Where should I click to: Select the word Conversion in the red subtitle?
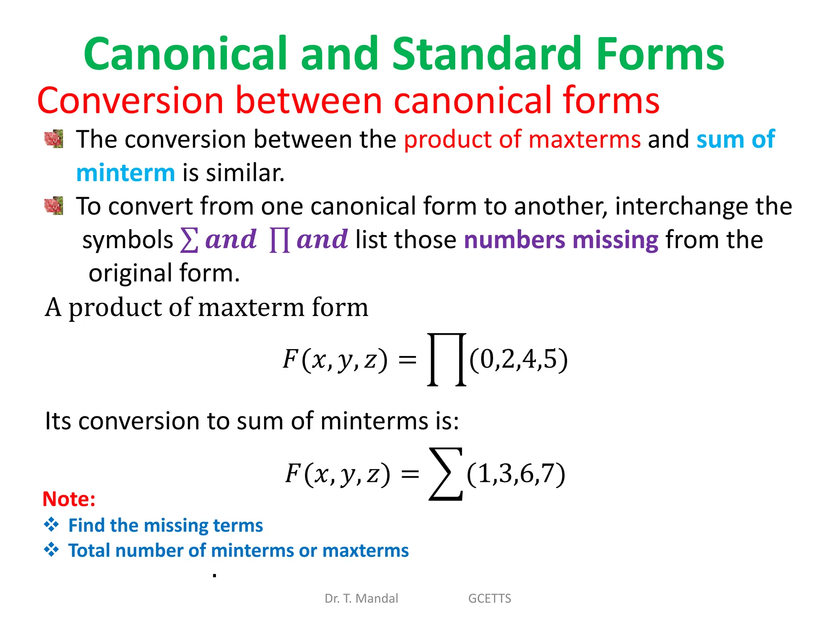(130, 100)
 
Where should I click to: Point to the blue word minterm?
(126, 173)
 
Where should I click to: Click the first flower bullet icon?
(54, 139)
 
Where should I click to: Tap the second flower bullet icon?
(54, 205)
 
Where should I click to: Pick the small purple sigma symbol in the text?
(189, 240)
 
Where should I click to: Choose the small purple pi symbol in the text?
(280, 240)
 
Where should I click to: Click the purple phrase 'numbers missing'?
(561, 240)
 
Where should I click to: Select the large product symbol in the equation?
(447, 359)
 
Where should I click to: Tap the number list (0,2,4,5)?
(518, 360)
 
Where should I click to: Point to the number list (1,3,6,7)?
(516, 474)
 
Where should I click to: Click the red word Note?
(69, 499)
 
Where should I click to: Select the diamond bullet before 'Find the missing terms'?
(51, 525)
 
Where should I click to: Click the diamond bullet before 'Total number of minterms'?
(51, 550)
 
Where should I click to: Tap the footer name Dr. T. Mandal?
(361, 598)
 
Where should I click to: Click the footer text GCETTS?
(489, 598)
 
